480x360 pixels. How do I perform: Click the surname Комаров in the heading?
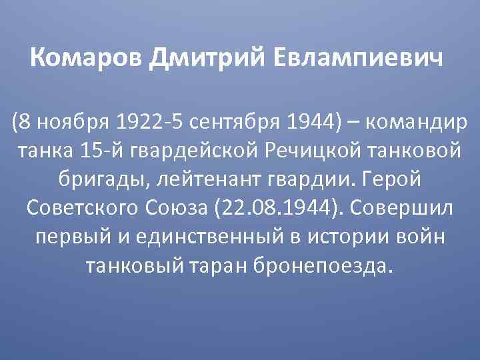[x=87, y=60]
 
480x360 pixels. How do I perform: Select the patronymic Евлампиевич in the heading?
[x=359, y=60]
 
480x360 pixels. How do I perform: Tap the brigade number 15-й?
[x=102, y=151]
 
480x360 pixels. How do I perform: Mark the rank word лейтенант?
[x=205, y=180]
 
